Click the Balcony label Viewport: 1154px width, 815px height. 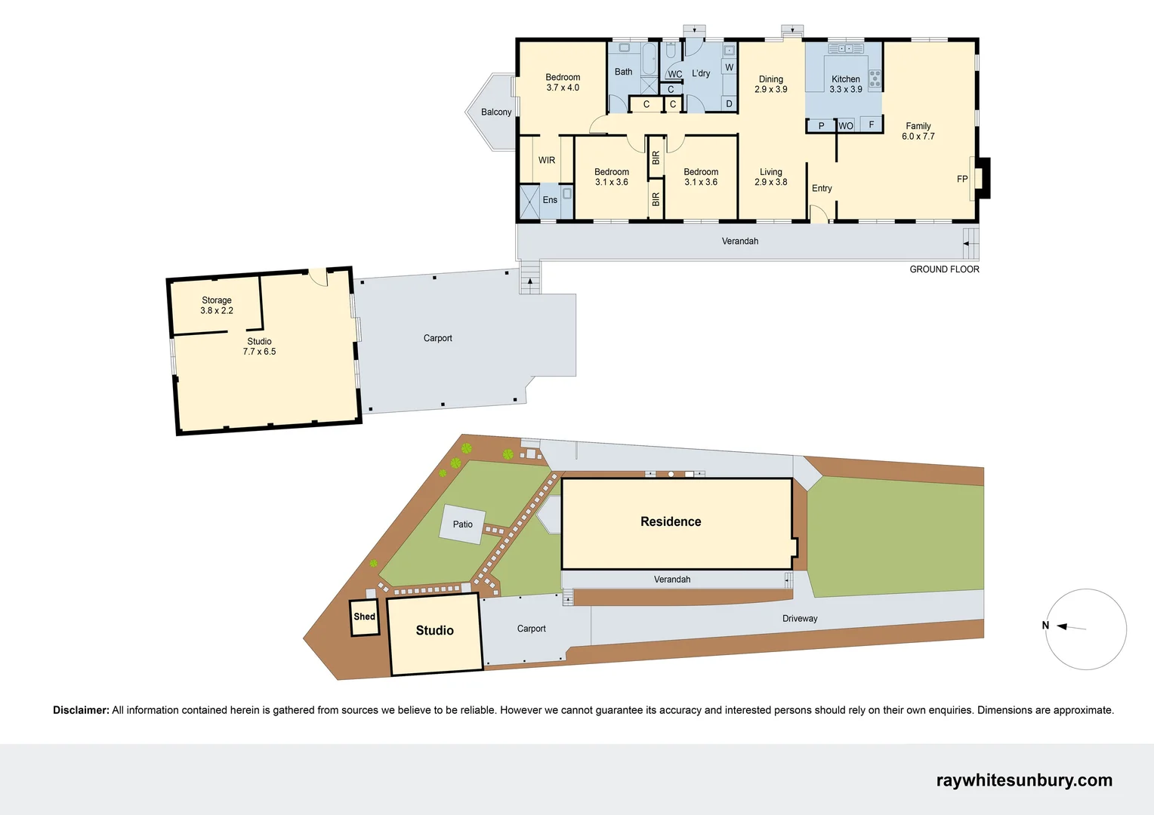[496, 112]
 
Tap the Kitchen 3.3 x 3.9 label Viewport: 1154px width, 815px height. [845, 84]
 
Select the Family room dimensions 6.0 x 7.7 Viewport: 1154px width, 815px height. [918, 137]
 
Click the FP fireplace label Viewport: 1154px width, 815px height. [961, 179]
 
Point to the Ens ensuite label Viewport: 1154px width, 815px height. [550, 200]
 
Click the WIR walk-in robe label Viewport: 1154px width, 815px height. [547, 160]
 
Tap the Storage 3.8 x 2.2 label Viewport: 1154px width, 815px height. [217, 305]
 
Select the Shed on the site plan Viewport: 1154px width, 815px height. [365, 617]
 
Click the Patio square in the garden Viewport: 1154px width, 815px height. [462, 524]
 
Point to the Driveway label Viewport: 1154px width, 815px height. [800, 618]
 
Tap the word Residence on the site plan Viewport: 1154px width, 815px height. [671, 521]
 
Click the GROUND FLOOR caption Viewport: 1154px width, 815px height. [944, 269]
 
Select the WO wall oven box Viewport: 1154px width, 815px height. [846, 126]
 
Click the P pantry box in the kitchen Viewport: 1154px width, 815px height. [821, 126]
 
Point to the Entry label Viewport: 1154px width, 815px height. [822, 189]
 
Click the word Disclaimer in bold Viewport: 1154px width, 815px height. [81, 710]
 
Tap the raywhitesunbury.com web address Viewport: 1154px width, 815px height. [1024, 780]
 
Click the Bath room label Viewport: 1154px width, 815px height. [623, 72]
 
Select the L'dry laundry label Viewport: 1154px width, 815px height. [701, 73]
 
